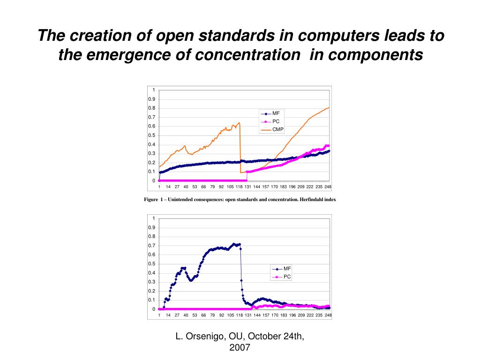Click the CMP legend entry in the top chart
277,129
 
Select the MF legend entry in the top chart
276,113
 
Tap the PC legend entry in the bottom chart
287,277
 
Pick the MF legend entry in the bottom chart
287,269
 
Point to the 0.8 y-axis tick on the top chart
152,108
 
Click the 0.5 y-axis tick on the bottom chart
152,264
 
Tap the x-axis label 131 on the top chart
247,187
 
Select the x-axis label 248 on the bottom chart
328,315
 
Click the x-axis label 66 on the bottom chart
203,315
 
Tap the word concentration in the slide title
247,55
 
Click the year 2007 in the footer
240,347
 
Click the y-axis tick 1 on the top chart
153,90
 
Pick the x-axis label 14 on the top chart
168,187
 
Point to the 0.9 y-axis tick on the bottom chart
152,228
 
